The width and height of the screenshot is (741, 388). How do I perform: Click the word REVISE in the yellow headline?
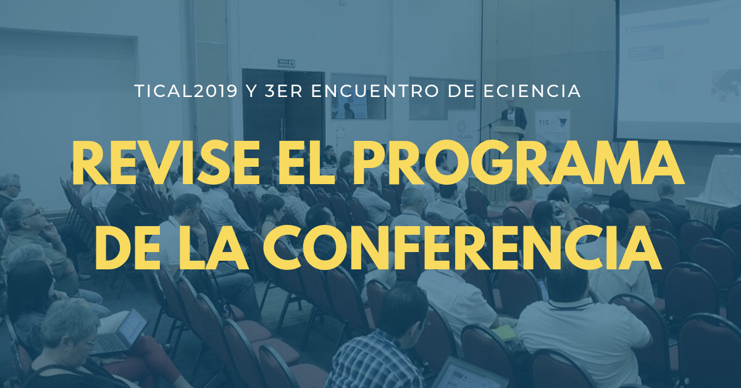click(166, 163)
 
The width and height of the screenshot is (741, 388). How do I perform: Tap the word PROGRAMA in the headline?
click(517, 163)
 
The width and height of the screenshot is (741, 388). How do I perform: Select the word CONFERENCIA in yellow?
click(462, 248)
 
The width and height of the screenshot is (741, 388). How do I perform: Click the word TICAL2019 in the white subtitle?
click(186, 91)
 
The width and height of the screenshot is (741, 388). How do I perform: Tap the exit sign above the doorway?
click(286, 63)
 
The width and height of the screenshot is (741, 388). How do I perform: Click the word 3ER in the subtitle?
click(283, 91)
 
